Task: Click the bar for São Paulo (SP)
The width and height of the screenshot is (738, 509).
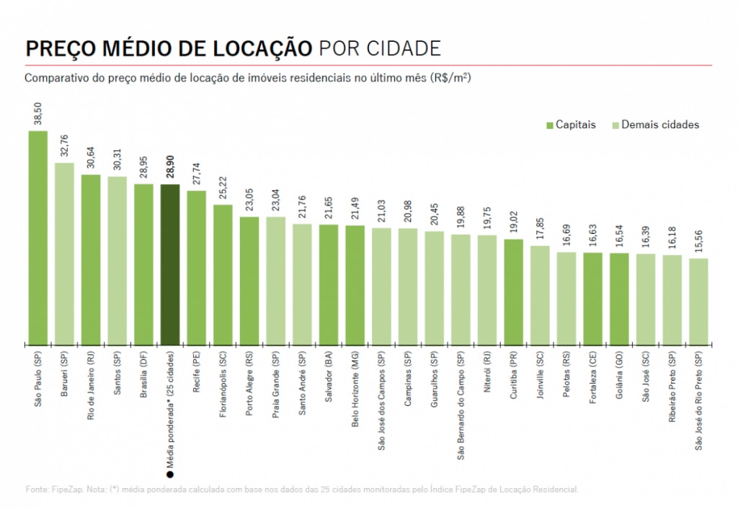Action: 38,238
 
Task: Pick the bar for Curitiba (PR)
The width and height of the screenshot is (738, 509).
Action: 514,292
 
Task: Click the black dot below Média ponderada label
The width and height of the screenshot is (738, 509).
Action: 170,474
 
